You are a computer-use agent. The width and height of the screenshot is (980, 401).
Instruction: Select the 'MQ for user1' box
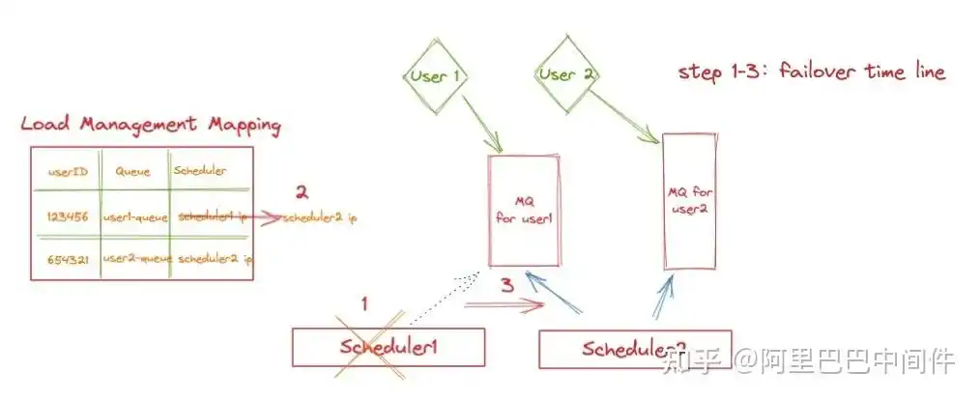coord(525,210)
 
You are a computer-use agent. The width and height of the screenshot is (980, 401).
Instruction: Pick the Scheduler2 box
coord(634,349)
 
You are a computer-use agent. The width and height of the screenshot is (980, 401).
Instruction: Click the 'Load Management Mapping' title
coord(151,125)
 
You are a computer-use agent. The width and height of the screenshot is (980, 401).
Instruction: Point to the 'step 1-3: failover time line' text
coord(811,72)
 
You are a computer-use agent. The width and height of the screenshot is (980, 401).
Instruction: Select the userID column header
coord(69,171)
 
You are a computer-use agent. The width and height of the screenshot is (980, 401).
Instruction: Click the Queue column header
coord(133,171)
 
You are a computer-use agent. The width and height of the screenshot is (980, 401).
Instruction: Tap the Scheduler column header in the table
coord(200,171)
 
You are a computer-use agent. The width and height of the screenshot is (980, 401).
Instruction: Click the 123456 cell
coord(68,217)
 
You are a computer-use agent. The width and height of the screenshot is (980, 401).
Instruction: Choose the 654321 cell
coord(68,259)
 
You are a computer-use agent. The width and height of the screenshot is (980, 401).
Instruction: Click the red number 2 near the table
coord(302,191)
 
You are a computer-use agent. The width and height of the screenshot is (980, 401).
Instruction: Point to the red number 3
coord(506,285)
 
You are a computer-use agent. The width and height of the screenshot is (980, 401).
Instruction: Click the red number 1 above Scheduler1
coord(364,302)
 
